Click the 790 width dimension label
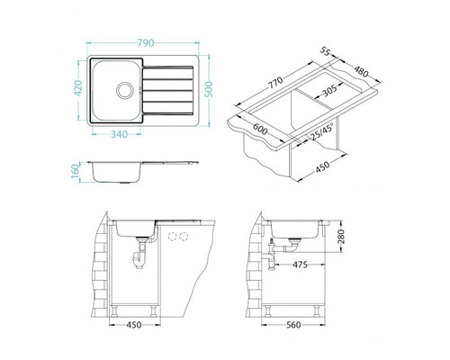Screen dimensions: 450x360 pyautogui.click(x=146, y=43)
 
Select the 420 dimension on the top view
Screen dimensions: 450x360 pyautogui.click(x=78, y=88)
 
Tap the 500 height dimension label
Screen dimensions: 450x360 pyautogui.click(x=210, y=89)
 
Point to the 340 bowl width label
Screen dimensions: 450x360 pyautogui.click(x=120, y=134)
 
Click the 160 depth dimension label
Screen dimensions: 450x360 pyautogui.click(x=76, y=171)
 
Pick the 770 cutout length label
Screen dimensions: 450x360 pyautogui.click(x=275, y=83)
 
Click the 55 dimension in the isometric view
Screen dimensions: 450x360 pyautogui.click(x=325, y=51)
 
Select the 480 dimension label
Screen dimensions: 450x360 pyautogui.click(x=361, y=71)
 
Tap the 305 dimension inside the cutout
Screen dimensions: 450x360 pyautogui.click(x=329, y=90)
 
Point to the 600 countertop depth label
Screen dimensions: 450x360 pyautogui.click(x=260, y=129)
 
